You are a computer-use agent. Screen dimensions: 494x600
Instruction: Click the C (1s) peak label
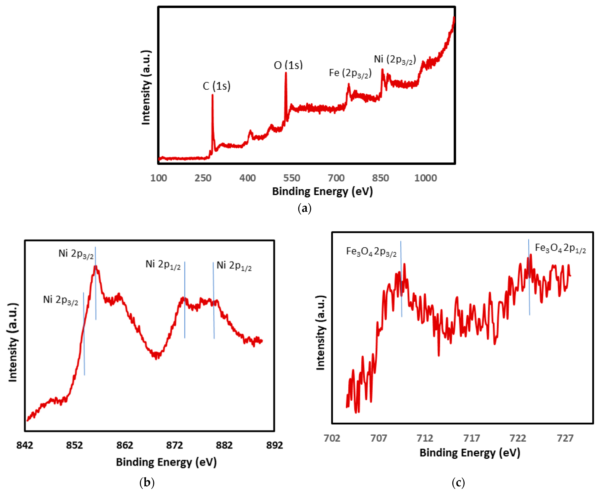[x=216, y=86]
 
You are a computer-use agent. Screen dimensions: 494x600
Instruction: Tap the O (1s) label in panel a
[x=288, y=65]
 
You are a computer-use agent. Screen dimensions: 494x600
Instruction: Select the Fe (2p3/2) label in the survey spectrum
[x=350, y=73]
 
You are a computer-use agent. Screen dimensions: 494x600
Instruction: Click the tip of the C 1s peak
[x=212, y=95]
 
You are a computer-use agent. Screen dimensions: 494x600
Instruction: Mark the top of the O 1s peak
[x=286, y=73]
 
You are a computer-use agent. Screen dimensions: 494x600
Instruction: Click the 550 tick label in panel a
[x=291, y=178]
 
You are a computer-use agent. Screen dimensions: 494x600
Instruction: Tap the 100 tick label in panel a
[x=159, y=178]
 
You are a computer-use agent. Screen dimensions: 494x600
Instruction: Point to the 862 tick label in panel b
[x=125, y=445]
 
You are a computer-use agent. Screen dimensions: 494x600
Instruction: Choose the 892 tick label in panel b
[x=274, y=445]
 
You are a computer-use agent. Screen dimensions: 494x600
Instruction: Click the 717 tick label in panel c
[x=471, y=438]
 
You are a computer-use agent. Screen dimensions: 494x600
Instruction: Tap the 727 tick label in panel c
[x=565, y=438]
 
